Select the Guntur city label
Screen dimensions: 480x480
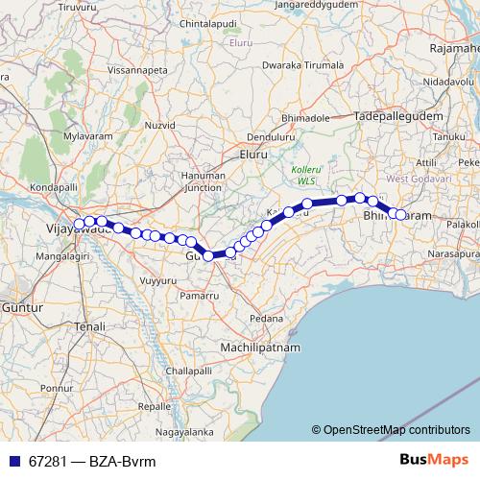point(19,307)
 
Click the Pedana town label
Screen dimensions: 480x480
point(264,317)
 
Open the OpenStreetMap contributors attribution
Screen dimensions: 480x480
point(396,430)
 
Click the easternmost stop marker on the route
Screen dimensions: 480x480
point(401,215)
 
